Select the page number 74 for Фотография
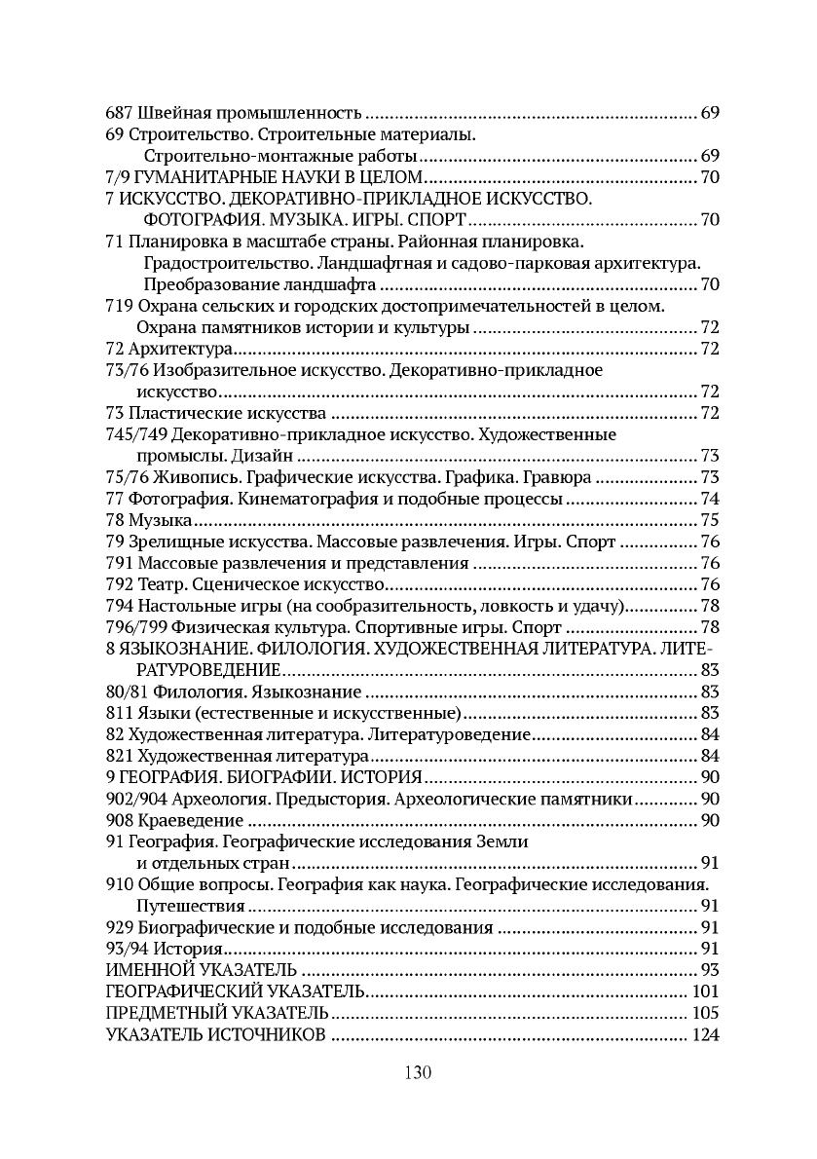709,499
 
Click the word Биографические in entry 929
207,927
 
